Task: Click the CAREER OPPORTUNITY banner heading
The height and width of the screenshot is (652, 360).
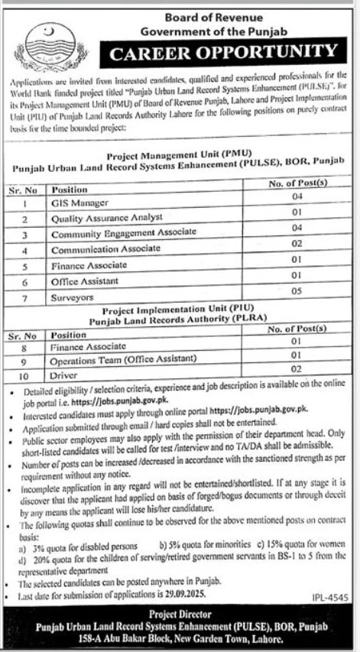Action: point(222,54)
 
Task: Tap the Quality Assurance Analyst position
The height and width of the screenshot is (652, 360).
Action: point(107,219)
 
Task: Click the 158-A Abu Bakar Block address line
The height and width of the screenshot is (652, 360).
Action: point(180,636)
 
